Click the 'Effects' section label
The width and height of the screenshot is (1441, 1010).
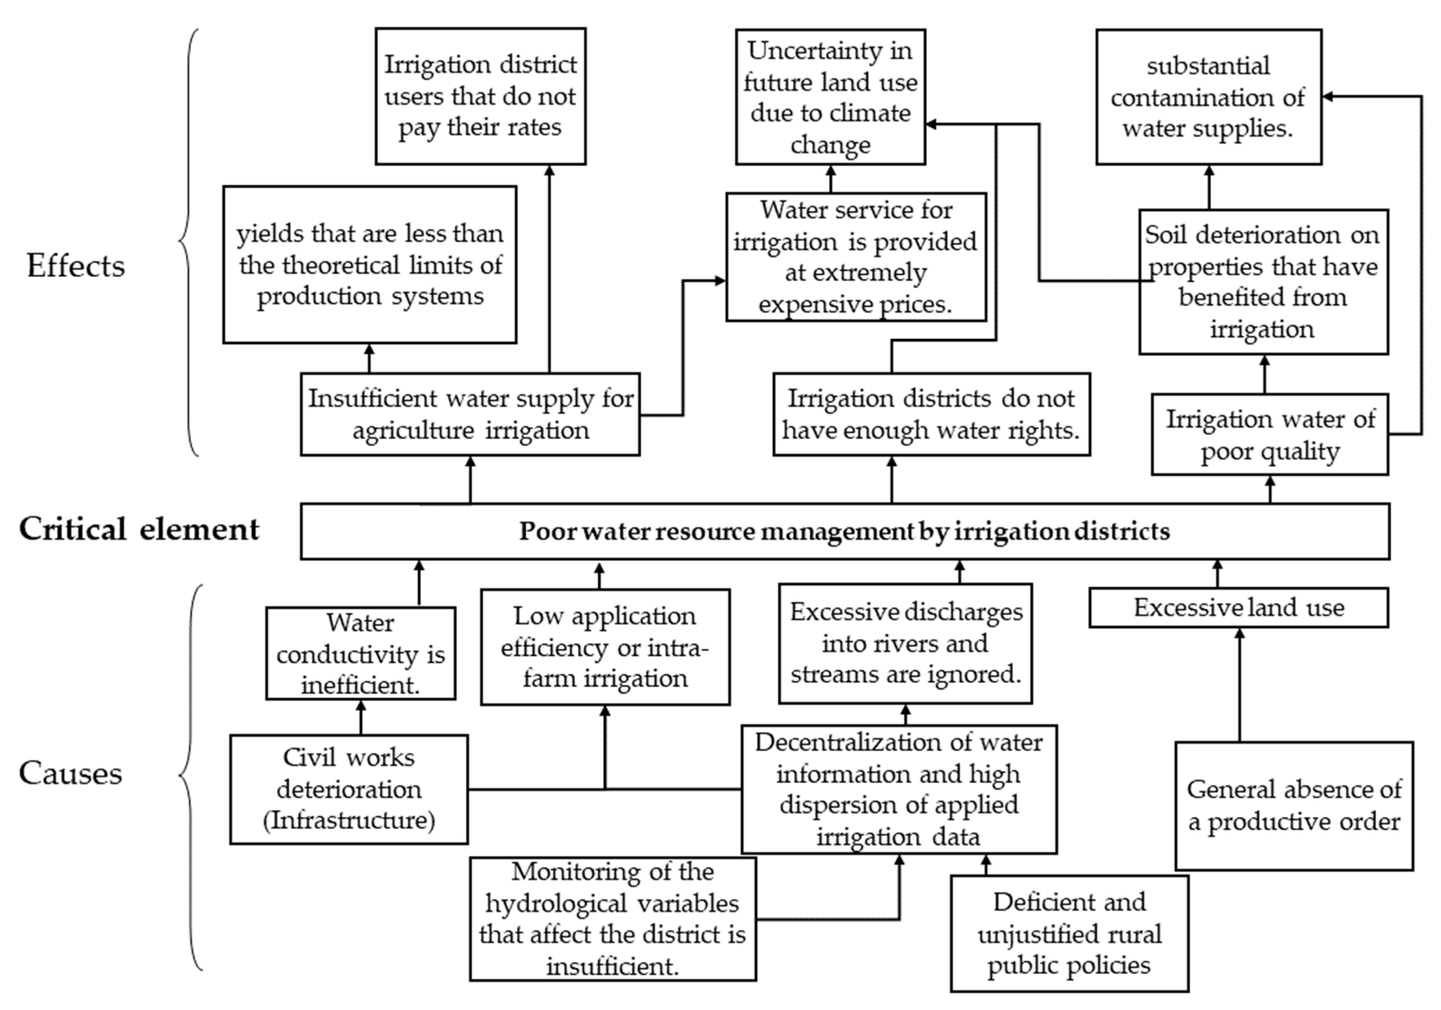(x=75, y=266)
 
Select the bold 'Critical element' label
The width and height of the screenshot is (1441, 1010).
(x=139, y=529)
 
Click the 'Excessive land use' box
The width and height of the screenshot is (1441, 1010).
(x=1238, y=607)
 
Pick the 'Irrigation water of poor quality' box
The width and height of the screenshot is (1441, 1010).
(x=1269, y=435)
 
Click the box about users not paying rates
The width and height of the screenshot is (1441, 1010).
(x=480, y=96)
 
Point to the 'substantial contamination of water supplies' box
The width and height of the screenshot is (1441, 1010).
(x=1208, y=97)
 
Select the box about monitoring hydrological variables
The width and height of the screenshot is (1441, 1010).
(x=613, y=918)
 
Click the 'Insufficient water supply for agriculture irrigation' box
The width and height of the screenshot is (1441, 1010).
(x=470, y=414)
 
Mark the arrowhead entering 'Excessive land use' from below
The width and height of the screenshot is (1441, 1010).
(x=1240, y=633)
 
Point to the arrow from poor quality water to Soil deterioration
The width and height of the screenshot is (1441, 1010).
(x=1265, y=374)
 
